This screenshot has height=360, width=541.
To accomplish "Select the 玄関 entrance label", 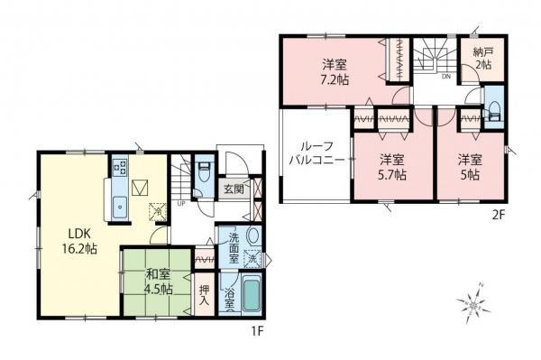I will click(x=234, y=189).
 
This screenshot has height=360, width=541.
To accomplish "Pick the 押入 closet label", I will click(x=204, y=297).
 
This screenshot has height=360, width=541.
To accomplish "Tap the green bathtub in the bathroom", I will click(x=252, y=297).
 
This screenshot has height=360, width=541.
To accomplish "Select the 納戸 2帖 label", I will click(x=482, y=60).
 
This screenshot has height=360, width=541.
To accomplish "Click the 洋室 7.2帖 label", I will click(x=336, y=71).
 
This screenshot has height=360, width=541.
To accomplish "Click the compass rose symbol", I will click(x=472, y=306).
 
